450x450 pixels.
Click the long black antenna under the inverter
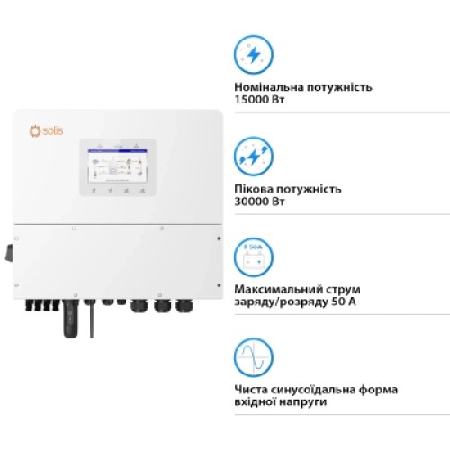[69, 320]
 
